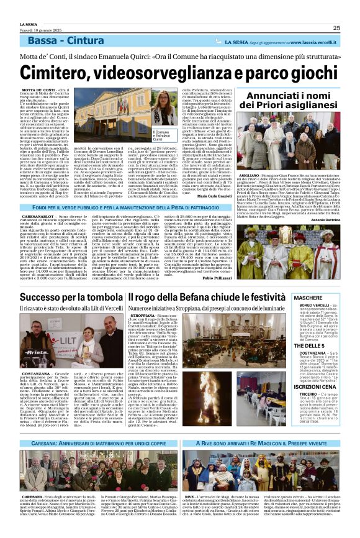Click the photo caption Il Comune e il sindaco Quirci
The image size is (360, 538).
pyautogui.click(x=164, y=137)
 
